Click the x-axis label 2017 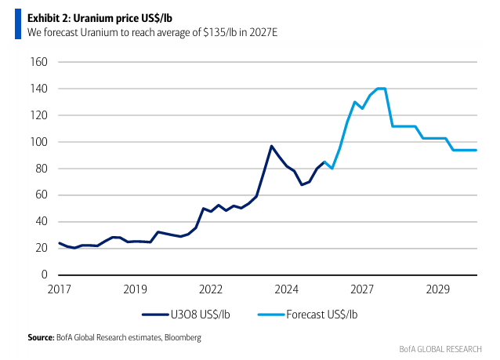point(59,289)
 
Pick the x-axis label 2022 point(211,289)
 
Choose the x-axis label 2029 point(438,289)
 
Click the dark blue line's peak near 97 point(271,146)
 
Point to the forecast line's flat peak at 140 point(381,89)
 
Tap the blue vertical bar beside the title point(17,24)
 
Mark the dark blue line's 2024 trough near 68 point(302,184)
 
